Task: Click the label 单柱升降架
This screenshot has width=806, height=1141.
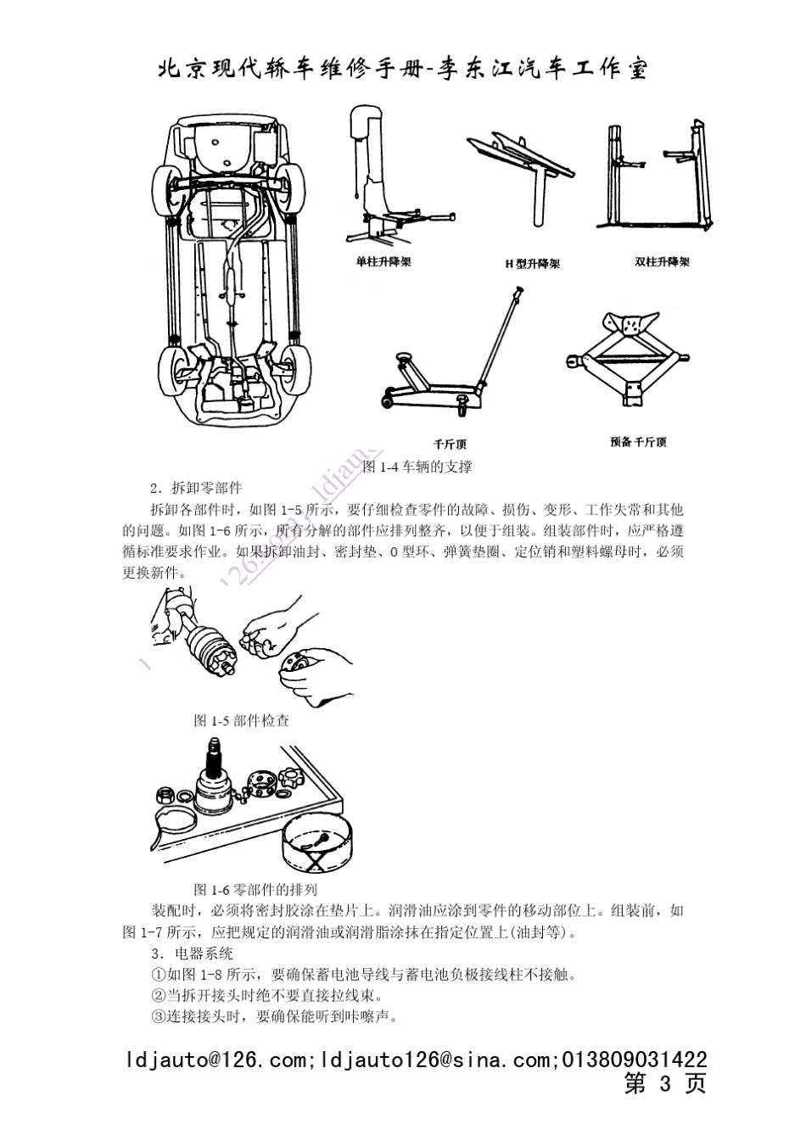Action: coord(383,262)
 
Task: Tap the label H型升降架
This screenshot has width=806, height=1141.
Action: coord(533,264)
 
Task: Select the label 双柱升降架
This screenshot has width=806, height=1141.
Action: coord(662,262)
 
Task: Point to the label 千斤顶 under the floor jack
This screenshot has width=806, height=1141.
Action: coord(450,444)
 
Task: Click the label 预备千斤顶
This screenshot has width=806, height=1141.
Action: coord(638,442)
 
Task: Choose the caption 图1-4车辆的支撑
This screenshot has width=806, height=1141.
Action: coord(417,467)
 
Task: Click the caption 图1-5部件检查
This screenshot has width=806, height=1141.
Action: coord(242,720)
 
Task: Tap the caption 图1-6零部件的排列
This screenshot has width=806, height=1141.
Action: coord(255,889)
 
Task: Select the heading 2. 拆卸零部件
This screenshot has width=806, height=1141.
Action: coord(196,488)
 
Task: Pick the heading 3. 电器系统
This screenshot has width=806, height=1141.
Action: coord(191,953)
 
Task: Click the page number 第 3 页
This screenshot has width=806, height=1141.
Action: coord(665,1083)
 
